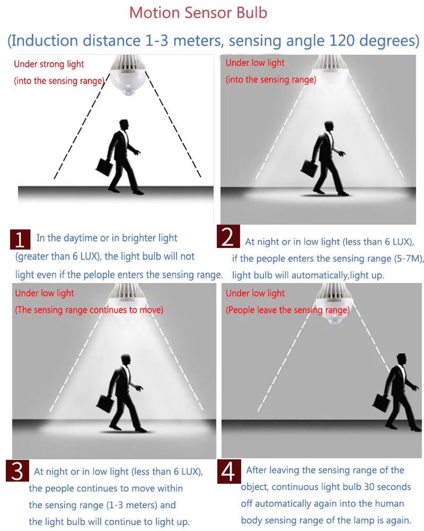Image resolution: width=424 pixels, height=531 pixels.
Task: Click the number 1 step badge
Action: coord(20,239)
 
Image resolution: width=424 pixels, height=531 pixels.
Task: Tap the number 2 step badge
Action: coord(228,236)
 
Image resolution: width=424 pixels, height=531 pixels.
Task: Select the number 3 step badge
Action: coord(17,470)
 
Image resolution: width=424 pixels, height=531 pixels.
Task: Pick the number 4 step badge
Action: coord(229,472)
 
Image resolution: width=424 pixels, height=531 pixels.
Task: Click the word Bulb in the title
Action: coord(252,13)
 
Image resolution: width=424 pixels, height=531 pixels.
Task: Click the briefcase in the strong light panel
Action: coord(104,167)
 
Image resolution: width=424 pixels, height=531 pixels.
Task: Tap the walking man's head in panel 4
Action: coord(402,359)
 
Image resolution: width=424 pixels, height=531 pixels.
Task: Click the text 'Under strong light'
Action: coord(49,64)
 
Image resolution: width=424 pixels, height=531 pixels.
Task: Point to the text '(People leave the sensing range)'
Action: coord(288,310)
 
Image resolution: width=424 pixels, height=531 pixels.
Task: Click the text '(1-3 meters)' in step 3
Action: coord(131,506)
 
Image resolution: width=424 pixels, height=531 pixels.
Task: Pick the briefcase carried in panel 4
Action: coord(382,403)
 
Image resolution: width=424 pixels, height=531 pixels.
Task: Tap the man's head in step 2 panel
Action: coord(329,126)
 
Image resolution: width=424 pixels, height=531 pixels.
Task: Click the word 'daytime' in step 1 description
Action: coord(81,238)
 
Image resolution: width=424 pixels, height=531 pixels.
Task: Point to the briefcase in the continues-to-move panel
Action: coord(105,404)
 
